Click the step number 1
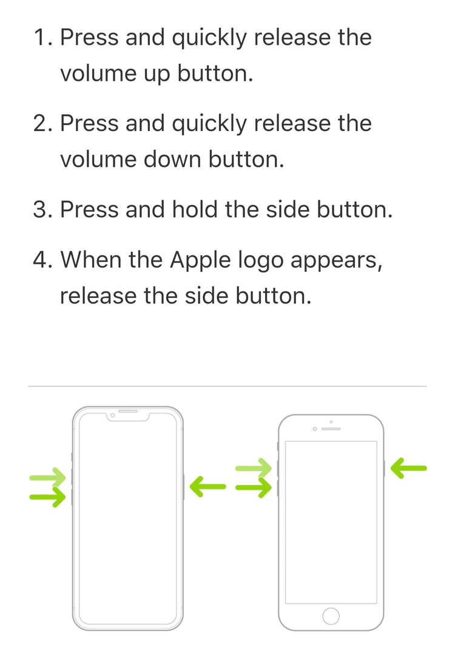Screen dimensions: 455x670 tap(42, 37)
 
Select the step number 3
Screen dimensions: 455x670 tap(42, 209)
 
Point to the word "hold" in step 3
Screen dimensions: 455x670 tap(194, 209)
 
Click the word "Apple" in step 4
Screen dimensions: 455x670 tap(200, 260)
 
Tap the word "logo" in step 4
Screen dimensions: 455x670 tap(261, 262)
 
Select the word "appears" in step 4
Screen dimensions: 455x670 tap(336, 262)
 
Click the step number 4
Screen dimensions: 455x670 tap(42, 260)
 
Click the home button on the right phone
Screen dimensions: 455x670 tap(331, 616)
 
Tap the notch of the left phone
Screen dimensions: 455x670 tap(128, 415)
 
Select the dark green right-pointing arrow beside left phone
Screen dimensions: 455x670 tap(48, 497)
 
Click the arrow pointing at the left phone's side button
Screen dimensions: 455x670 tap(207, 487)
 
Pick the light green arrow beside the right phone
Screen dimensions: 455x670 tap(254, 469)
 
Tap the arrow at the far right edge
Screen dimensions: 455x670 tap(409, 469)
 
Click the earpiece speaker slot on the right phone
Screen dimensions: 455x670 tap(331, 428)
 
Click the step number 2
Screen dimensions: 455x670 tap(42, 123)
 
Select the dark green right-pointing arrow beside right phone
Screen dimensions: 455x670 tap(254, 487)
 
